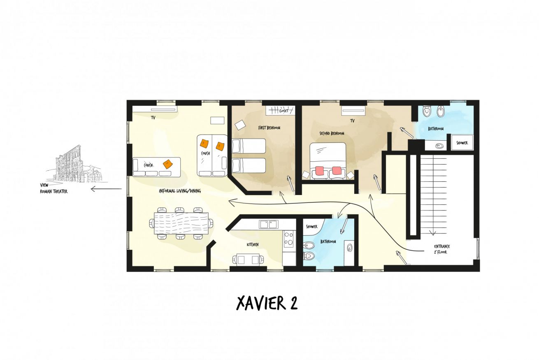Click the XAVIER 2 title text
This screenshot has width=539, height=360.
click(267, 303)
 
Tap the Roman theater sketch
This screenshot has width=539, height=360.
click(77, 163)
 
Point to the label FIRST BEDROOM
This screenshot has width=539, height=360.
click(269, 128)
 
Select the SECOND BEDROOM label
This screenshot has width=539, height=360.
click(332, 133)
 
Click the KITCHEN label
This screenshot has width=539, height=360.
click(253, 244)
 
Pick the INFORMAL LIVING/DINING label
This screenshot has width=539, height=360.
click(180, 191)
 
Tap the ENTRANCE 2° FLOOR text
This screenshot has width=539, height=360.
click(442, 249)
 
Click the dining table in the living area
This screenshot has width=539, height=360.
click(181, 223)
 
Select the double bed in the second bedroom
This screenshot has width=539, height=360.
click(328, 161)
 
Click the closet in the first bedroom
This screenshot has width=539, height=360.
click(280, 111)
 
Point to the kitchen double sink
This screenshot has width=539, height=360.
click(269, 224)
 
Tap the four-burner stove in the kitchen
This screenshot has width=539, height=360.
click(288, 239)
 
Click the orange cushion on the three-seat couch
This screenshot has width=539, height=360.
click(168, 164)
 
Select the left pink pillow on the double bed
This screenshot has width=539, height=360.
click(318, 171)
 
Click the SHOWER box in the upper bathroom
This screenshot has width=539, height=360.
click(462, 143)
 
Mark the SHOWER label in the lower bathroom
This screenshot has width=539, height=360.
click(311, 226)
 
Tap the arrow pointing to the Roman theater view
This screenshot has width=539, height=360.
click(106, 189)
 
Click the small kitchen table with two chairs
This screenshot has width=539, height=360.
click(248, 260)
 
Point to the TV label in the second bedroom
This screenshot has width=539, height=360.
click(352, 121)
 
